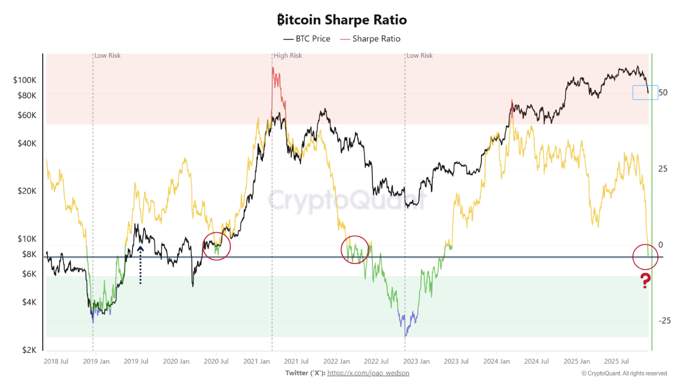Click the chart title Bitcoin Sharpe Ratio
coord(342,20)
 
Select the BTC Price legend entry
coord(307,38)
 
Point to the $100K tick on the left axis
coord(25,80)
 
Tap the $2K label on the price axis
coord(29,350)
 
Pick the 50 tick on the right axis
coord(663,93)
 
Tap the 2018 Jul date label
coord(55,361)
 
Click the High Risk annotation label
coord(287,56)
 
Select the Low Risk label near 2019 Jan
coord(107,56)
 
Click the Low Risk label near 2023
coord(419,56)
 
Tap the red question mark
coord(646,280)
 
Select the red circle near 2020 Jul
coord(216,246)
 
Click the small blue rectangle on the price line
coord(645,93)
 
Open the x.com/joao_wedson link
coord(368,373)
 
